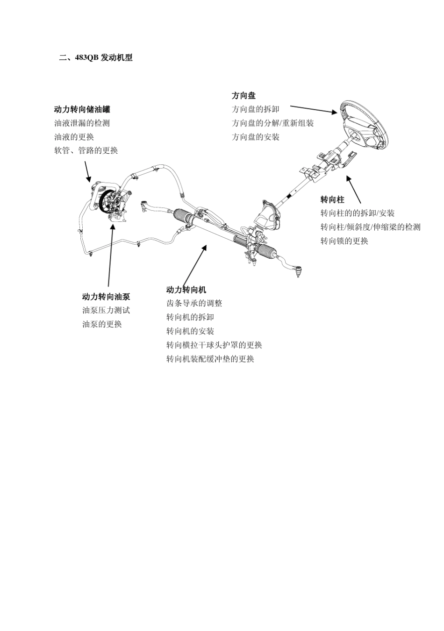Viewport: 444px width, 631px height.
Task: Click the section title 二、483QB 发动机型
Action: (x=96, y=58)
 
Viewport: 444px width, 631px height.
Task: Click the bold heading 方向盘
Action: (x=243, y=96)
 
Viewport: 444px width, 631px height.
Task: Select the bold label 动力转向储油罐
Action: (x=82, y=109)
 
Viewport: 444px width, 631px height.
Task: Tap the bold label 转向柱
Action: (x=332, y=200)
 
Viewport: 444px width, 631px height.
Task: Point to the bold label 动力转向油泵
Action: (x=106, y=297)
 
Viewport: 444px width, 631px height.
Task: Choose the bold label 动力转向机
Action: (x=186, y=290)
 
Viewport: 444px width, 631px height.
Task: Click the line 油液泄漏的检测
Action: (x=82, y=123)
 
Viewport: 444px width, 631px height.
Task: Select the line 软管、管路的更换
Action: (x=86, y=150)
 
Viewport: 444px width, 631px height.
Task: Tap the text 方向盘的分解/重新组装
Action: (x=272, y=123)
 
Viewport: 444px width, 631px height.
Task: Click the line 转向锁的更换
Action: (x=344, y=241)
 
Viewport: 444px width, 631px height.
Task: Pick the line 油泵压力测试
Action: (x=106, y=310)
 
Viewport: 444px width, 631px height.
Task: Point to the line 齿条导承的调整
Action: (x=194, y=303)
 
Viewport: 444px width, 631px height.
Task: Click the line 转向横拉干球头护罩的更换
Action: (x=214, y=345)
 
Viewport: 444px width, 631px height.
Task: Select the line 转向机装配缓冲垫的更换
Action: (x=210, y=359)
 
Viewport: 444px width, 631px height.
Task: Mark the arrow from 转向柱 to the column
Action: (x=353, y=190)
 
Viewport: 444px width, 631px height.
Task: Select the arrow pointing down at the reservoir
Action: (x=87, y=171)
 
